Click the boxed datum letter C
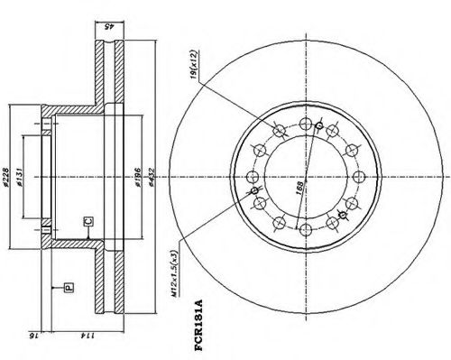pos(87,219)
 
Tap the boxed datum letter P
pos(67,288)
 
